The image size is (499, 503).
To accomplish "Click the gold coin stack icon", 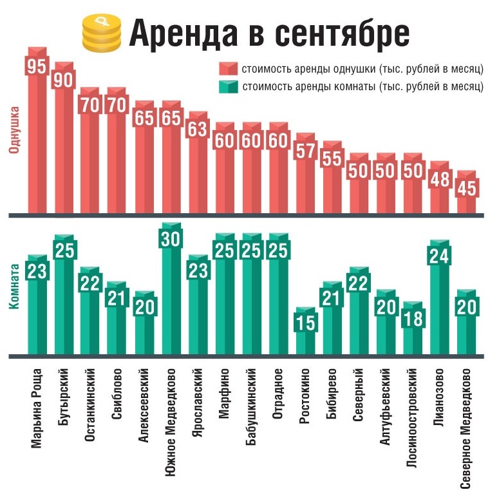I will [102, 33].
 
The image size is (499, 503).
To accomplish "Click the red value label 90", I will [64, 83].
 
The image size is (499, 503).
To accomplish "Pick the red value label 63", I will [198, 129].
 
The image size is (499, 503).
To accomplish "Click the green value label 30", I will [171, 238].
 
